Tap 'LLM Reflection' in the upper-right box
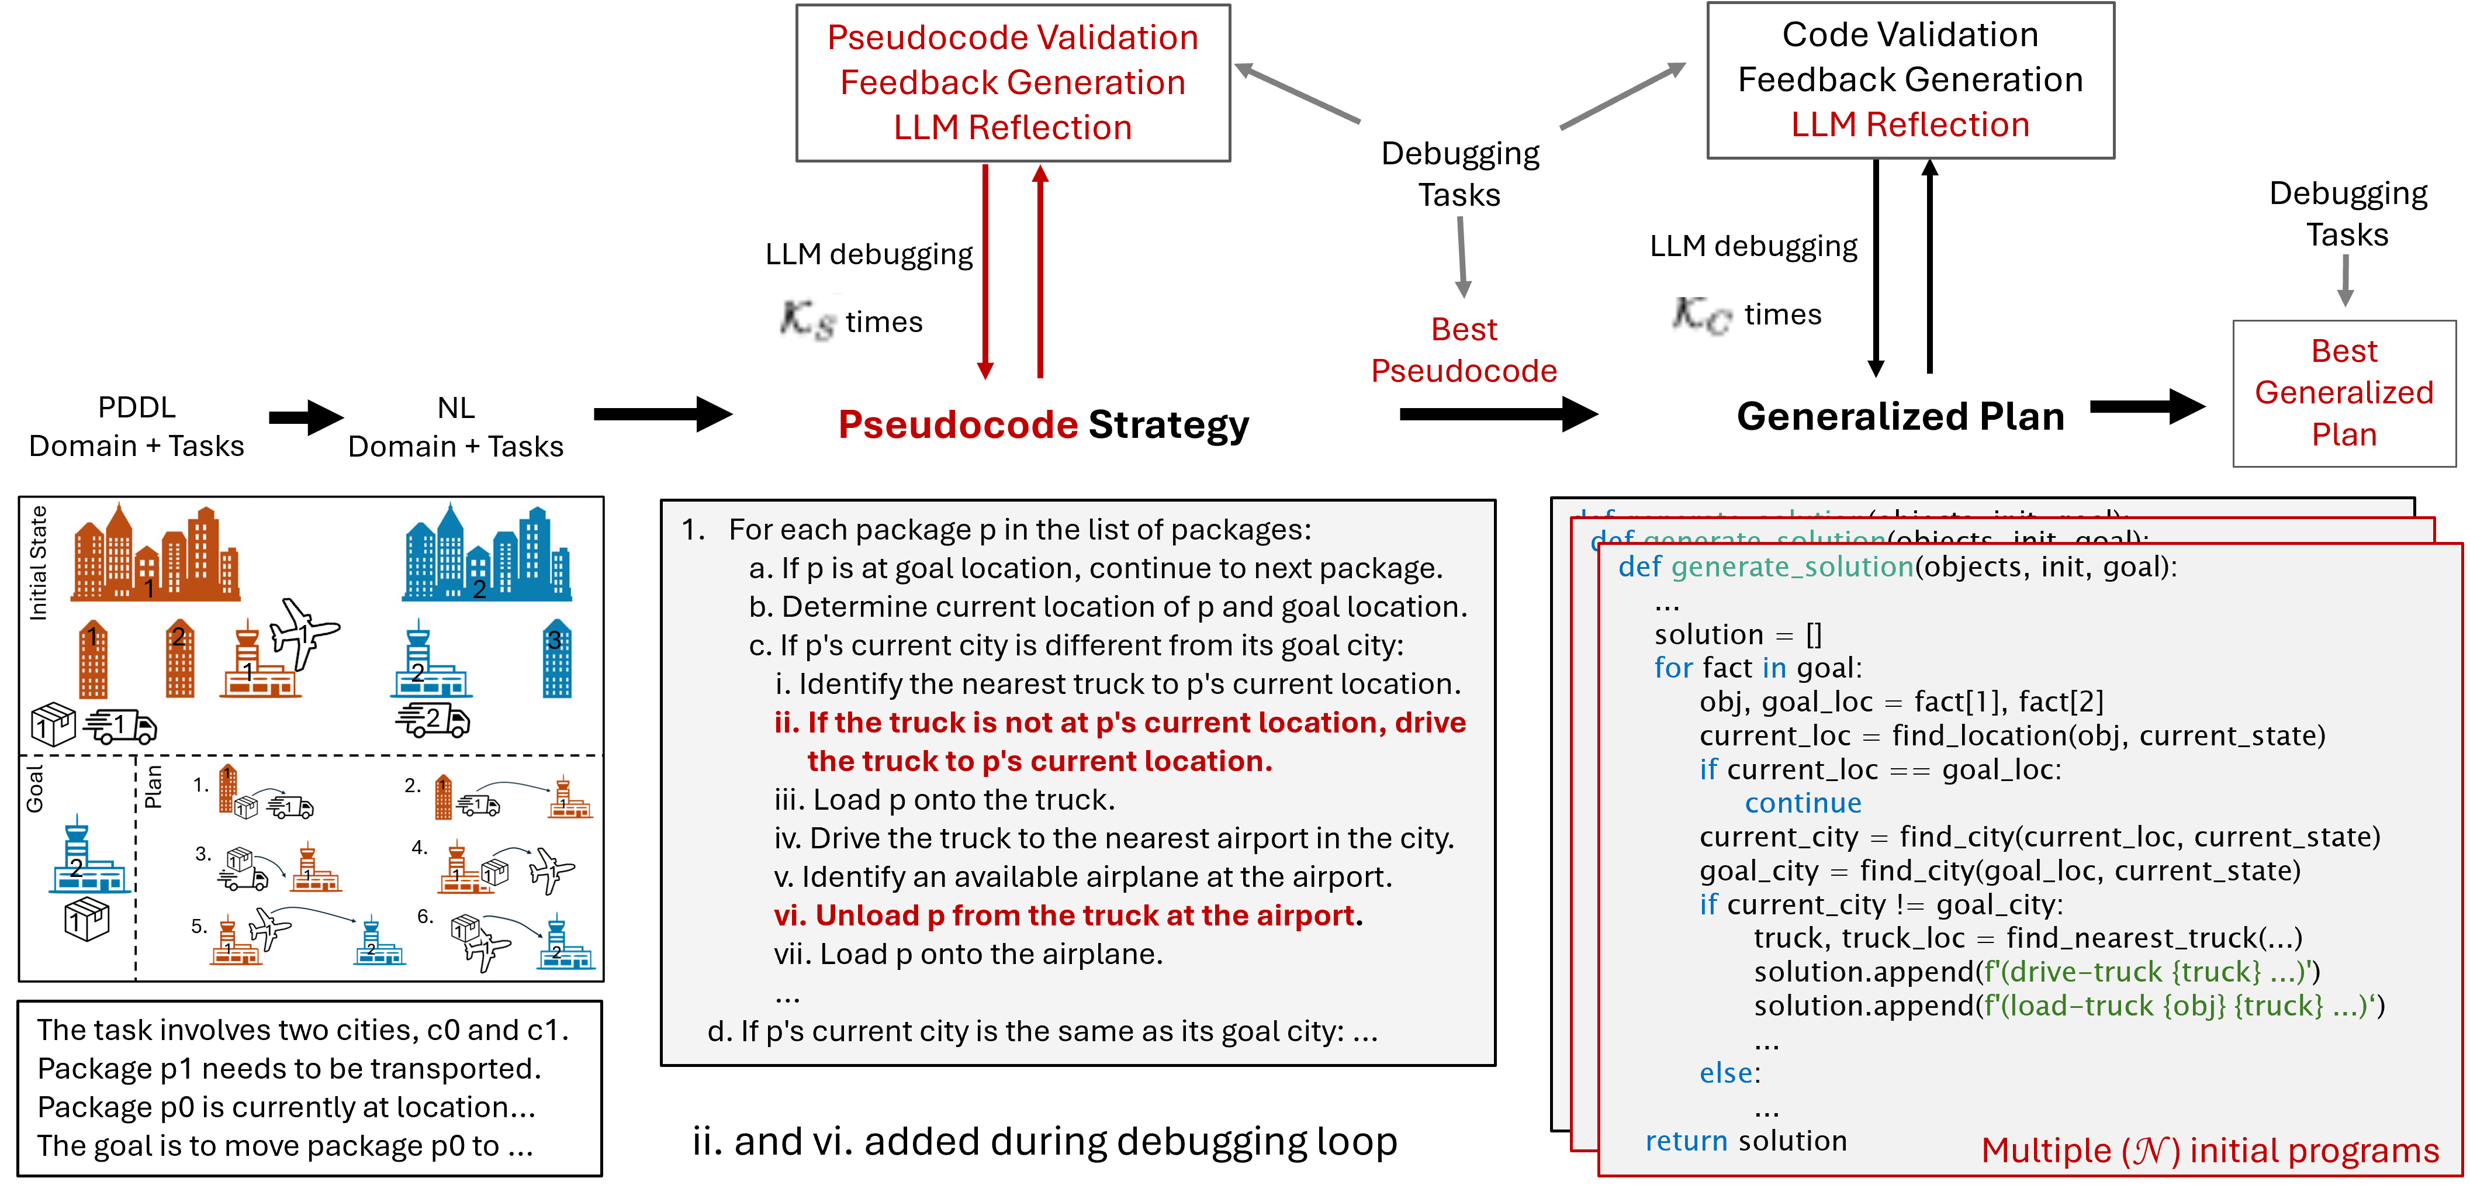click(1910, 125)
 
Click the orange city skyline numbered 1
click(157, 554)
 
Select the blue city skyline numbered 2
click(489, 554)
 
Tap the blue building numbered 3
click(556, 658)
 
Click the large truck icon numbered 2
click(434, 720)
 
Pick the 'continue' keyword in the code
click(1803, 803)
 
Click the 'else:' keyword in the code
click(1730, 1072)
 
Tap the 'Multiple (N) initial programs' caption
click(2209, 1150)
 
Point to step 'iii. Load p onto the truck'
click(945, 799)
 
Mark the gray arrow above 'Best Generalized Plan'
click(2346, 280)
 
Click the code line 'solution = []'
click(1738, 634)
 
